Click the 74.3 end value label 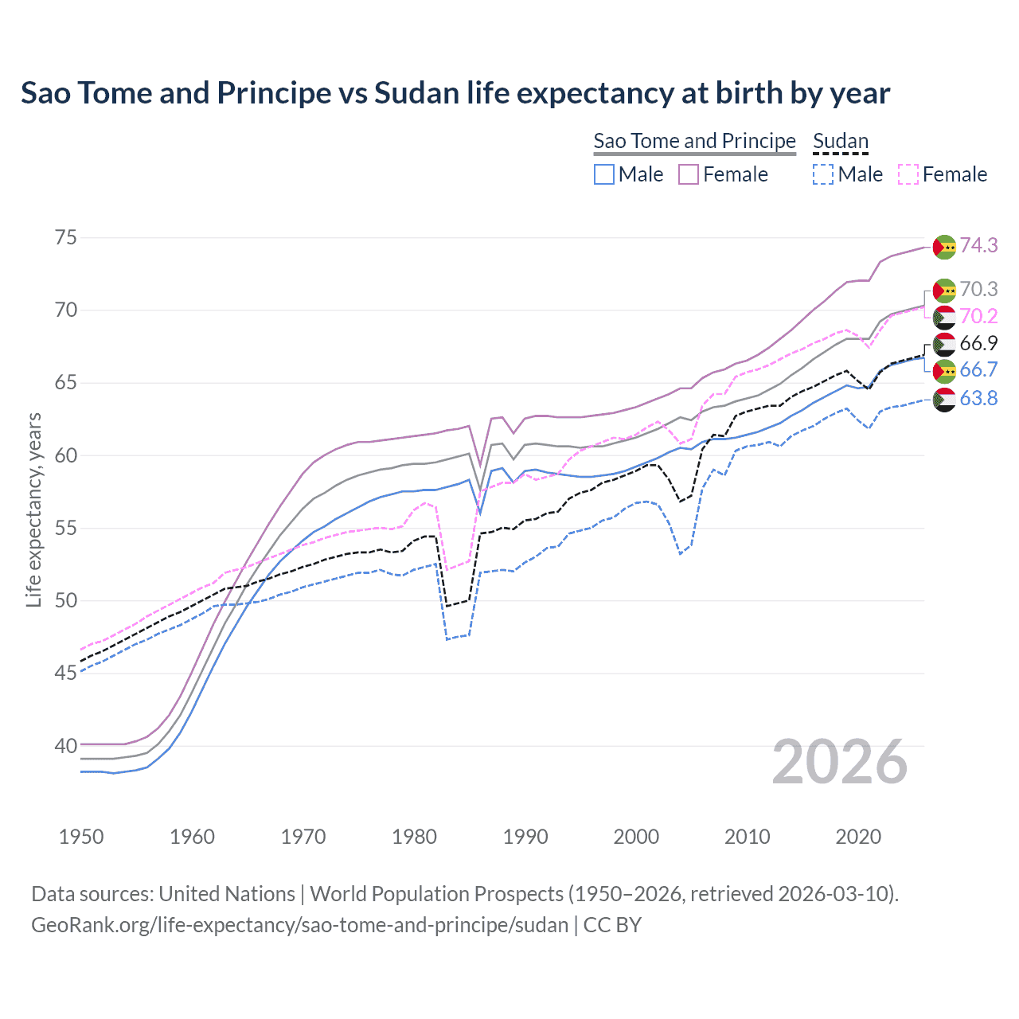[x=978, y=245]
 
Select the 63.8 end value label [x=978, y=398]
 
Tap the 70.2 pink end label [x=978, y=316]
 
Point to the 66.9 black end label [x=978, y=343]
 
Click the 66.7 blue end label [x=978, y=369]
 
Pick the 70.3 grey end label [x=978, y=289]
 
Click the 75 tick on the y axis [x=66, y=237]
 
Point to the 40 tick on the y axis [x=66, y=746]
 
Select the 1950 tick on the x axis [x=81, y=837]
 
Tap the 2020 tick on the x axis [x=858, y=837]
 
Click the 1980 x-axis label [x=414, y=837]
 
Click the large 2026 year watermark [x=840, y=762]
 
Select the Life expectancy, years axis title [x=33, y=509]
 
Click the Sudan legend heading [x=840, y=141]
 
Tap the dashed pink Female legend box [x=908, y=174]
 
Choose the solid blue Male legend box [x=604, y=174]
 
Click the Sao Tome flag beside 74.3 [x=944, y=247]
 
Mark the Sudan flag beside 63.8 [x=944, y=400]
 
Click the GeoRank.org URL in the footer [x=299, y=925]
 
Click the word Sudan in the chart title [x=417, y=93]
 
